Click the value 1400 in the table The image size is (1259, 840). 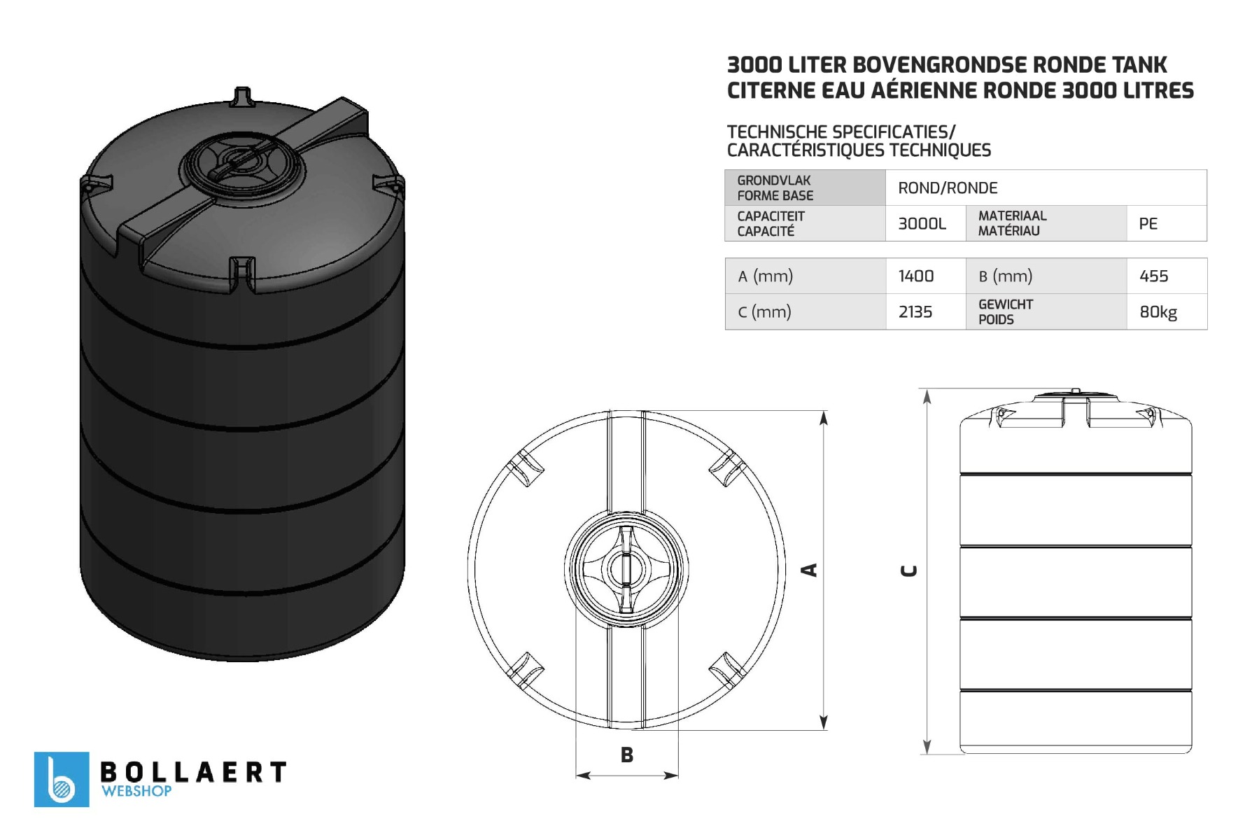[915, 276]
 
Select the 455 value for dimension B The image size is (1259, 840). [1153, 276]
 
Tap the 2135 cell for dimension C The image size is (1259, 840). [915, 312]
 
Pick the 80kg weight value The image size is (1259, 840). [1158, 312]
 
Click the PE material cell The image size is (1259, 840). [1148, 224]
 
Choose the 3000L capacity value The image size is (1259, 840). [922, 224]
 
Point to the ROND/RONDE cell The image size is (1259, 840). [948, 188]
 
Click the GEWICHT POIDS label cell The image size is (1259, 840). [1006, 312]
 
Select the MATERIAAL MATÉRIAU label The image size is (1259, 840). [1012, 223]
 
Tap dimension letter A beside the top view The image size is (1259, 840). [809, 570]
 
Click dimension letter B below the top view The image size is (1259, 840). [627, 755]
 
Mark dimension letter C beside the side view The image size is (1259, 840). [908, 571]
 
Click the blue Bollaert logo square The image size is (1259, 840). [62, 779]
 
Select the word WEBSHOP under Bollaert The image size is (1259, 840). [136, 791]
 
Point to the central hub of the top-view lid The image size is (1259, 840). [626, 568]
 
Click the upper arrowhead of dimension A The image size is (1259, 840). [824, 419]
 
